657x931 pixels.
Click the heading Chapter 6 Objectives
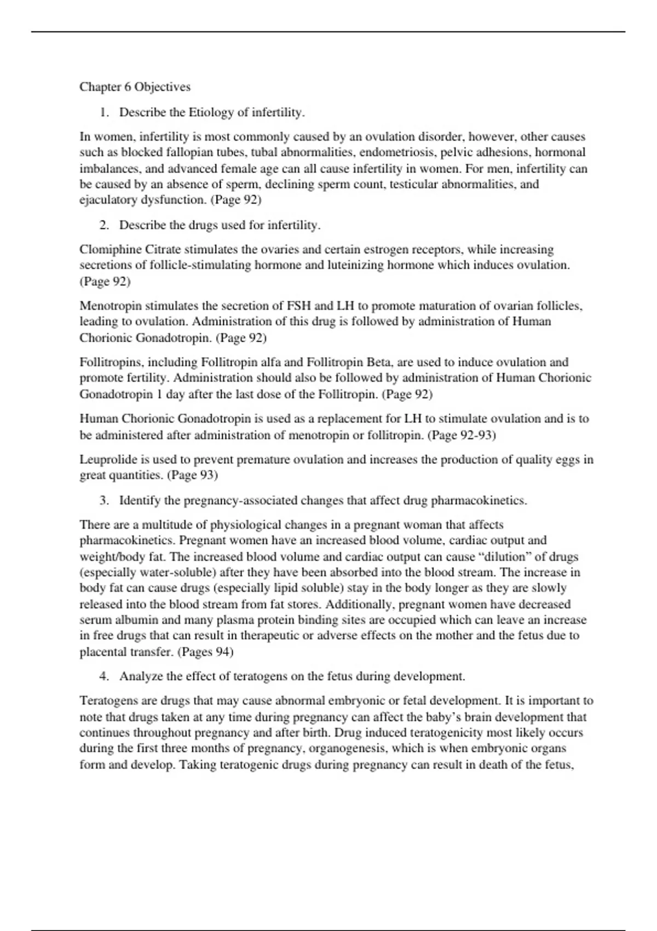coord(135,87)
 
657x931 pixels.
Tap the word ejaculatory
coord(108,200)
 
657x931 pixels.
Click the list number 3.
coord(103,501)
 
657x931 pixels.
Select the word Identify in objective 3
coord(140,501)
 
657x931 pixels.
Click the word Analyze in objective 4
coord(140,676)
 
